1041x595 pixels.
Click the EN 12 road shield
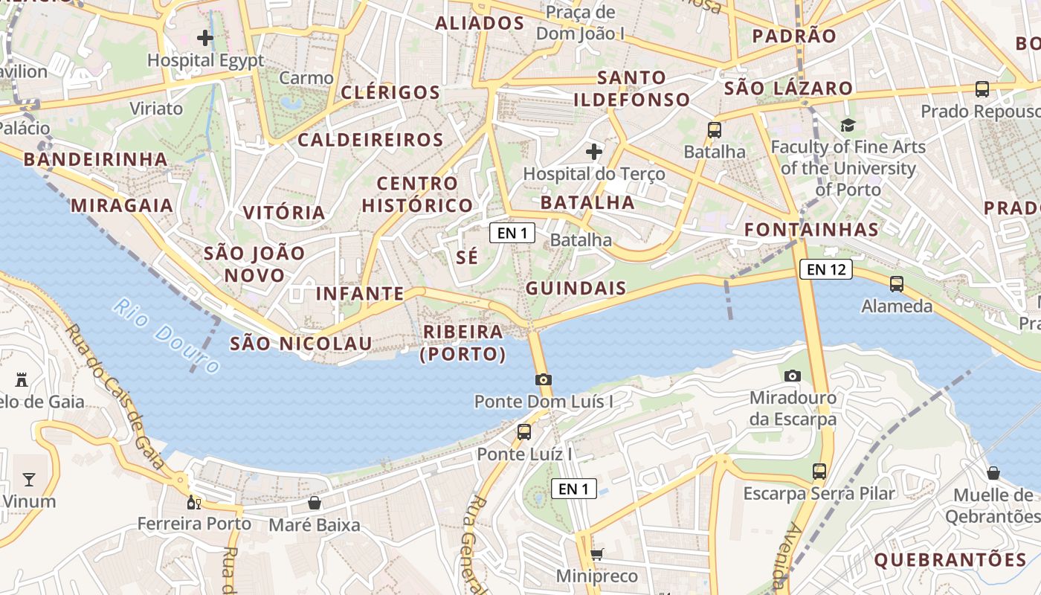click(x=825, y=269)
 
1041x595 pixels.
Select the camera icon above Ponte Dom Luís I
click(x=544, y=379)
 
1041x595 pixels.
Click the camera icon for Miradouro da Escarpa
click(x=793, y=376)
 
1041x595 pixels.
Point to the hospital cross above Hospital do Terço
click(x=593, y=152)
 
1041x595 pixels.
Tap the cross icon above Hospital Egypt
click(x=205, y=37)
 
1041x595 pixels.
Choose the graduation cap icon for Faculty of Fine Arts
click(x=848, y=125)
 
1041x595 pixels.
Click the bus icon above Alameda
click(x=897, y=283)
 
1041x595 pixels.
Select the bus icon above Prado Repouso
click(x=982, y=89)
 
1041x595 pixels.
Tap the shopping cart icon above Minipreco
click(x=596, y=554)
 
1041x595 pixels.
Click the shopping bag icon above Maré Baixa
click(x=315, y=503)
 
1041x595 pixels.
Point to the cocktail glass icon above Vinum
click(x=29, y=479)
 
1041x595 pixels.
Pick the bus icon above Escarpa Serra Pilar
click(x=819, y=471)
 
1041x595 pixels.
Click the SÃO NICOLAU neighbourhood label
click(x=300, y=343)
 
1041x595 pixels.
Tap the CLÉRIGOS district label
click(x=390, y=93)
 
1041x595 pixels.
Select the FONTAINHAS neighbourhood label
click(x=811, y=229)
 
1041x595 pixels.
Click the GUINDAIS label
click(x=576, y=288)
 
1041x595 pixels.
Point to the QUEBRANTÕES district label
click(x=950, y=559)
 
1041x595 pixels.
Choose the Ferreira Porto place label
click(x=194, y=524)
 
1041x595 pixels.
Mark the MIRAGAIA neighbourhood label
click(x=122, y=205)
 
